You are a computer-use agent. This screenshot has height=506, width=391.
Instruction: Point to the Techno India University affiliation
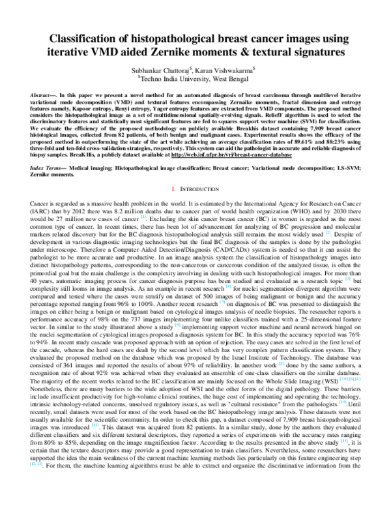click(x=196, y=78)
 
